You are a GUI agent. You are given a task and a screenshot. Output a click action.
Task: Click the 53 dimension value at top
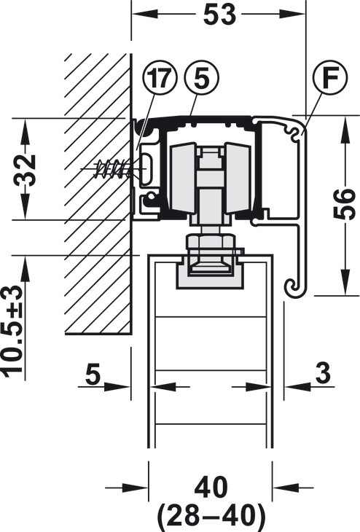pyautogui.click(x=219, y=15)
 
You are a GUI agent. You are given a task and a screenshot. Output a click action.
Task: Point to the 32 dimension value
pyautogui.click(x=25, y=170)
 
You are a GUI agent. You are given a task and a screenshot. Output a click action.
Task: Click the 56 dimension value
pyautogui.click(x=344, y=204)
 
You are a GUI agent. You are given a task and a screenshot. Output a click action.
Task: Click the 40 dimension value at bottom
pyautogui.click(x=211, y=488)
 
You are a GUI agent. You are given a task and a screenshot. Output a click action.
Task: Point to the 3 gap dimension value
pyautogui.click(x=323, y=372)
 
